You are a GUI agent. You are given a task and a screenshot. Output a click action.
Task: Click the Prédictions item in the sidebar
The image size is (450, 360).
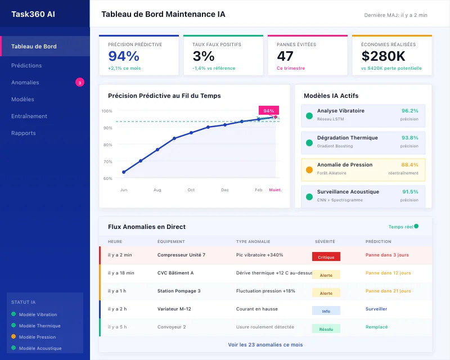26,65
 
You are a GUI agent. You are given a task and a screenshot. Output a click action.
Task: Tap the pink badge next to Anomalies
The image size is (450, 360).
80,83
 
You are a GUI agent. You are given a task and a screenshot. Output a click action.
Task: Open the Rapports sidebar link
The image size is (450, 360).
24,133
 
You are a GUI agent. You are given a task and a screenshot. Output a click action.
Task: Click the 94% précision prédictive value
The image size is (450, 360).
124,56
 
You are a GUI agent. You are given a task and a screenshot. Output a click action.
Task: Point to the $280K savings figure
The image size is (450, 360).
383,56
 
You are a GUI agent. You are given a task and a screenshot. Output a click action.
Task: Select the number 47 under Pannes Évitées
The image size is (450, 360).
285,56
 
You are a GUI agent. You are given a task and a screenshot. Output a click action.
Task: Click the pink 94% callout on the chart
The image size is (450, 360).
269,111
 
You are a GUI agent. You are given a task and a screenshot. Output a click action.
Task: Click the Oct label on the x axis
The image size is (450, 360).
191,190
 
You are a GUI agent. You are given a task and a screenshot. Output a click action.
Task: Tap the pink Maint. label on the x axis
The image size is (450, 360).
275,190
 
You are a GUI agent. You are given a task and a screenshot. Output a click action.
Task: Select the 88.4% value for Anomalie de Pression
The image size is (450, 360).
409,165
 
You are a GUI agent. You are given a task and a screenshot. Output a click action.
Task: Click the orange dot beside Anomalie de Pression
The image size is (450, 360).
309,170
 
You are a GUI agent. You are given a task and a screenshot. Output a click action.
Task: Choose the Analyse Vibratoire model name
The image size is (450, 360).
340,111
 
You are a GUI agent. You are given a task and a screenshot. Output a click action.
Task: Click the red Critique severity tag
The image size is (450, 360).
326,256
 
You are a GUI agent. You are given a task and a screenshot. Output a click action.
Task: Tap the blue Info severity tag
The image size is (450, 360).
326,310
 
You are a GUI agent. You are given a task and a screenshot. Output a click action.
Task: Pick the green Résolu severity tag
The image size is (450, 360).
326,328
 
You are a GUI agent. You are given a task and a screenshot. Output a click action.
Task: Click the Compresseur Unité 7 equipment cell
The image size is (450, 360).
181,255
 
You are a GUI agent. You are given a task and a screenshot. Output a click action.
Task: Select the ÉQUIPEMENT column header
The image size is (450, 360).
170,241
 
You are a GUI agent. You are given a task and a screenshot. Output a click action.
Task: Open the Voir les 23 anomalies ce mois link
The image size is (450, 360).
265,345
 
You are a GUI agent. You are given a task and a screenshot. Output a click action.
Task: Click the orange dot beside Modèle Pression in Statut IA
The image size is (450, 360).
13,337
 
